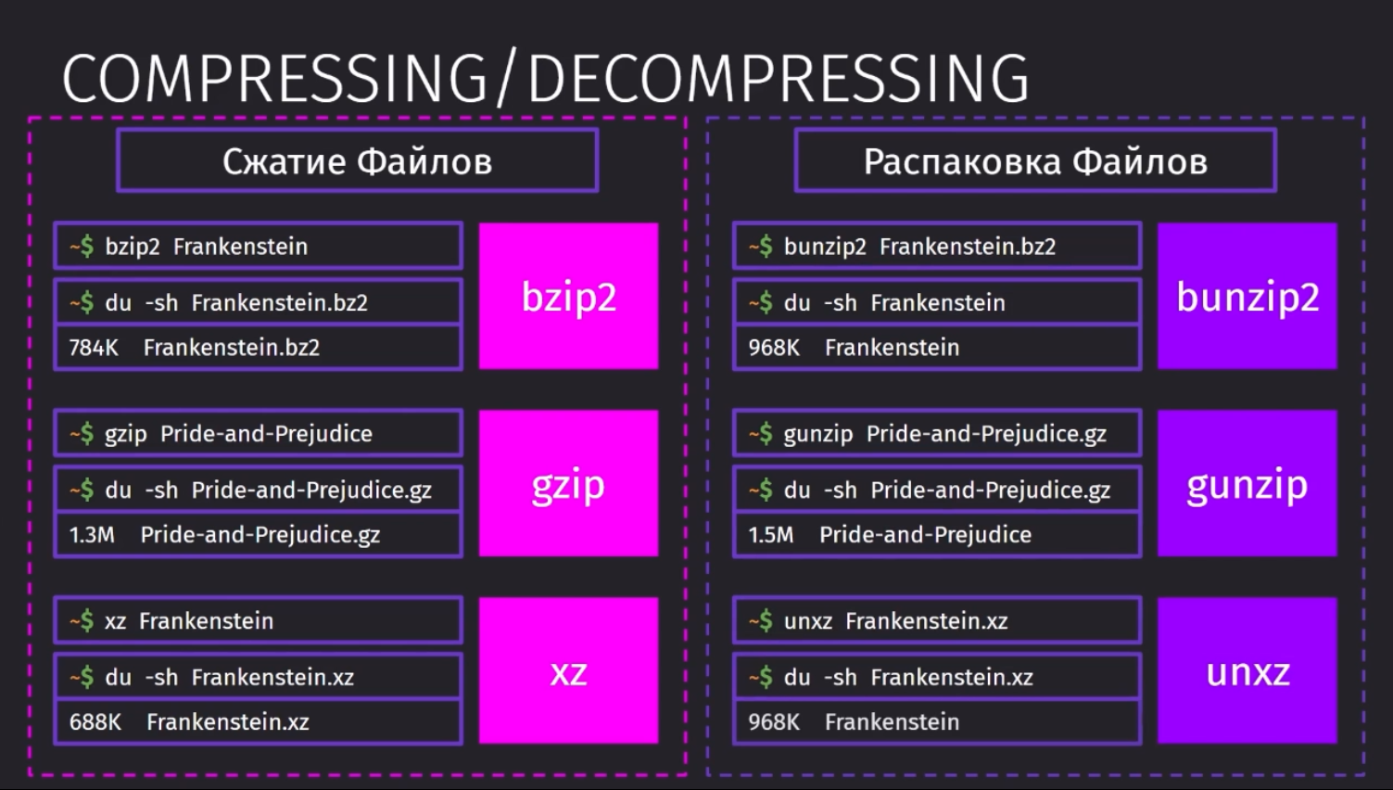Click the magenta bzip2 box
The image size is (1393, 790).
568,296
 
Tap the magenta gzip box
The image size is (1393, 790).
568,483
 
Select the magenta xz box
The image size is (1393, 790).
568,670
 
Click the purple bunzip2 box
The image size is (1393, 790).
1247,296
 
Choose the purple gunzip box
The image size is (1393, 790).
1247,483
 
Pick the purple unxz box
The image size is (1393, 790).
1247,670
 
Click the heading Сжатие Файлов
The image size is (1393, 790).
358,161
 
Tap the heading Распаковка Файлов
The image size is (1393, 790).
1035,161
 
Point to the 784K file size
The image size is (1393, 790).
94,348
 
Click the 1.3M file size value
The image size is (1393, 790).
92,535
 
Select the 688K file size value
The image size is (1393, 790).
95,722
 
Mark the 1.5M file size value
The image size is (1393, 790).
771,535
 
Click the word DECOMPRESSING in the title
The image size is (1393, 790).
779,79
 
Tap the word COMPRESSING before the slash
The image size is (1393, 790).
274,79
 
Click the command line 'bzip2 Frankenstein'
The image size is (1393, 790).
207,247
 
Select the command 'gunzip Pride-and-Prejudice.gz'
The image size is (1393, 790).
945,434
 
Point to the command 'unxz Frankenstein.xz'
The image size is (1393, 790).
895,621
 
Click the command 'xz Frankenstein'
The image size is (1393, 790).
189,621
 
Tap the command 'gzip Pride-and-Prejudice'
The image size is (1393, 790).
238,434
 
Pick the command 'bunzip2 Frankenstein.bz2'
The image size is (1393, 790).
919,247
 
